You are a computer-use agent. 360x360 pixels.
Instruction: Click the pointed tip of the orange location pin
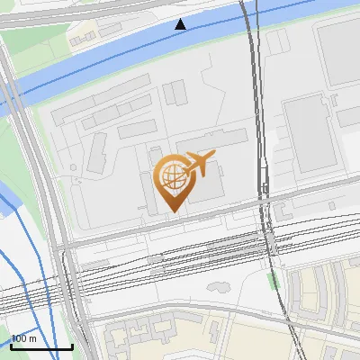point(173,211)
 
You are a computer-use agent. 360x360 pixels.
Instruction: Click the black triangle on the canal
point(181,24)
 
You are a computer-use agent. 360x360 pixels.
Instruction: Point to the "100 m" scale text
point(24,338)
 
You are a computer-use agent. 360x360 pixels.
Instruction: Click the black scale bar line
point(41,346)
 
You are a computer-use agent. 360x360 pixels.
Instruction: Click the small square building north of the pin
point(174,91)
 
